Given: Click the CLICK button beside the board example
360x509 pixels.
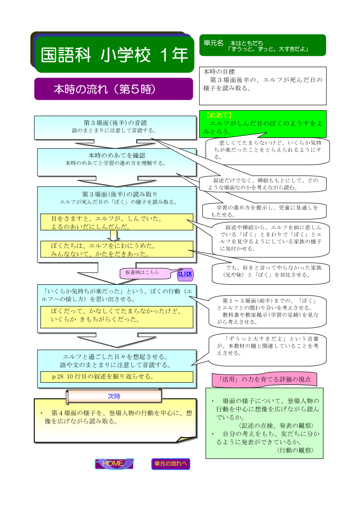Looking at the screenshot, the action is click(x=185, y=274).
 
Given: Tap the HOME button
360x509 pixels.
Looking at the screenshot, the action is click(x=114, y=464).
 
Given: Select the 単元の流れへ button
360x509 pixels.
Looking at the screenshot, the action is click(x=171, y=464).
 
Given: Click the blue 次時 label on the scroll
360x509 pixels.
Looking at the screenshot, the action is click(x=114, y=396).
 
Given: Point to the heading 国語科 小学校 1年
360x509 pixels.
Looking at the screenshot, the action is click(x=114, y=54).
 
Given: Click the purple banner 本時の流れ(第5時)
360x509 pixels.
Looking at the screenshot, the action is click(x=114, y=89).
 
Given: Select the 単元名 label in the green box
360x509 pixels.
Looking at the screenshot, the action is click(x=213, y=43).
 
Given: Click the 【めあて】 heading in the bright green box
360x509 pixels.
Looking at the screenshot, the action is click(x=219, y=115).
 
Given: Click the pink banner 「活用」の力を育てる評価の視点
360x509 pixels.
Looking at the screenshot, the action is click(x=264, y=380).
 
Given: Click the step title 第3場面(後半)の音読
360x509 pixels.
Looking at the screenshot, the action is click(x=115, y=123).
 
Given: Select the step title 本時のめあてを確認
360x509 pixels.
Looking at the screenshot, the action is click(x=117, y=155).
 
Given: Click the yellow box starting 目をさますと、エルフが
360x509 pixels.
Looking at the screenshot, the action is click(x=117, y=222).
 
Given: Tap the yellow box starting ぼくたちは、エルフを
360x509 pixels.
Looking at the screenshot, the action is click(x=117, y=249).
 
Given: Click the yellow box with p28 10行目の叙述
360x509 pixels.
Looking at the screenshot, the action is click(x=117, y=377).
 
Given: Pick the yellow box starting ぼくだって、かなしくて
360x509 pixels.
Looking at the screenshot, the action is click(x=117, y=317).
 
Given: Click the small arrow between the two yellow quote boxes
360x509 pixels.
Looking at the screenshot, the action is click(x=114, y=236).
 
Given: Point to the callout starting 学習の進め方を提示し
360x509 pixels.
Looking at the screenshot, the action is click(x=265, y=211).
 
